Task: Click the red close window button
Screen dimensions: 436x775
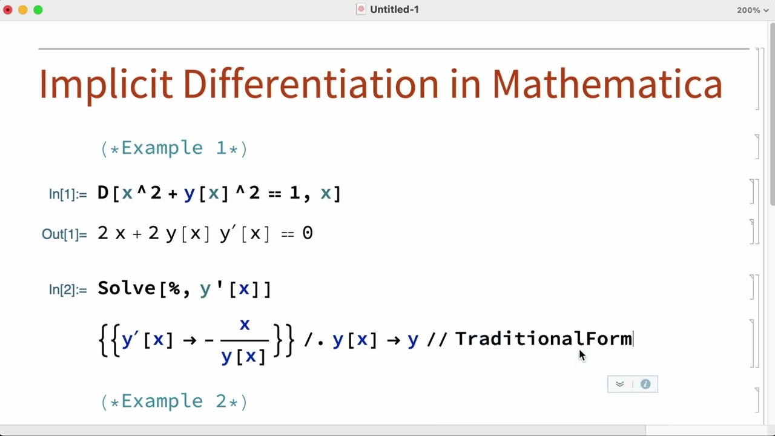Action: coord(8,10)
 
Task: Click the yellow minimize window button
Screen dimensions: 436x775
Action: coord(23,10)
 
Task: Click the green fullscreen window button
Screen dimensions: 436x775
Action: coord(38,10)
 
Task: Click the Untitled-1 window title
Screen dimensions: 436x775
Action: coord(394,10)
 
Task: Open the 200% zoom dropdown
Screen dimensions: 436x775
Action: coord(753,10)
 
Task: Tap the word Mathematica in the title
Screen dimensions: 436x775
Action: coord(607,84)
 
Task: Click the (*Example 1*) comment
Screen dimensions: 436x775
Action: coord(174,148)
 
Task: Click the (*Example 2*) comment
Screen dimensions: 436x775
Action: coord(174,401)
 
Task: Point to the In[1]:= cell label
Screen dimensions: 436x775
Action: coord(68,194)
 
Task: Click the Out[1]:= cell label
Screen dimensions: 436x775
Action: coord(64,234)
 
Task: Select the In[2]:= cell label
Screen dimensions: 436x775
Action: coord(68,290)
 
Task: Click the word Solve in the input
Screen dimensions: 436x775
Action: coord(127,288)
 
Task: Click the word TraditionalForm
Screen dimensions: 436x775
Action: coord(543,339)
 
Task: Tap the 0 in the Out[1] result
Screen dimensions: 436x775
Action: coord(308,234)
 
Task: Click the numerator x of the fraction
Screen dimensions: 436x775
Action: coord(245,325)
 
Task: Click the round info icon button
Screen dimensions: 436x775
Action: coord(645,384)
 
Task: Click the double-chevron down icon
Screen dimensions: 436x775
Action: coord(619,384)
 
